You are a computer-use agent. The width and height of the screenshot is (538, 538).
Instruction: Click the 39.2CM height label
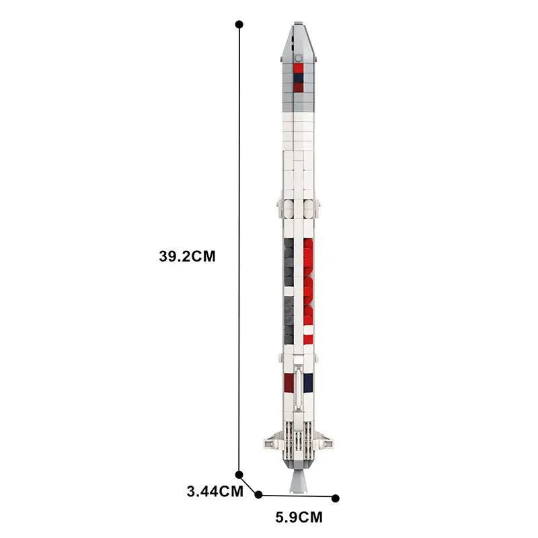[x=187, y=256]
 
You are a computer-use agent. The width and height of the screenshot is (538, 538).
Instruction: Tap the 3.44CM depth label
[x=215, y=491]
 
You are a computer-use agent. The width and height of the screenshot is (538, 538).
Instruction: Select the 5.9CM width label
[x=299, y=517]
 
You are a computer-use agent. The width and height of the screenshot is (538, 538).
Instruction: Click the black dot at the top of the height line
[x=239, y=24]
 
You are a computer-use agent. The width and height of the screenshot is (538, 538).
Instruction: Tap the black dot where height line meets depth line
[x=239, y=475]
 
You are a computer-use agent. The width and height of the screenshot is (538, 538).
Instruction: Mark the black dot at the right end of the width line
[x=336, y=498]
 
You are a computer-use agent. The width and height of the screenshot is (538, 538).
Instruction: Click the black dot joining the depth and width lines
[x=259, y=495]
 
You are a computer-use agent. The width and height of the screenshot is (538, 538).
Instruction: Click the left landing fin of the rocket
[x=271, y=441]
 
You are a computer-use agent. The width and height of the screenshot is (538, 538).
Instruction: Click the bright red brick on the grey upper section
[x=299, y=67]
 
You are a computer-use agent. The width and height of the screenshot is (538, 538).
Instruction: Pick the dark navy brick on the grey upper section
[x=299, y=79]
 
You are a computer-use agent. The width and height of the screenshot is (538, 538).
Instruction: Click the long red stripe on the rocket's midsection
[x=309, y=282]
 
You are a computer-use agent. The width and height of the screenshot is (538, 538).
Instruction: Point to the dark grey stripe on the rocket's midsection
[x=289, y=282]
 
